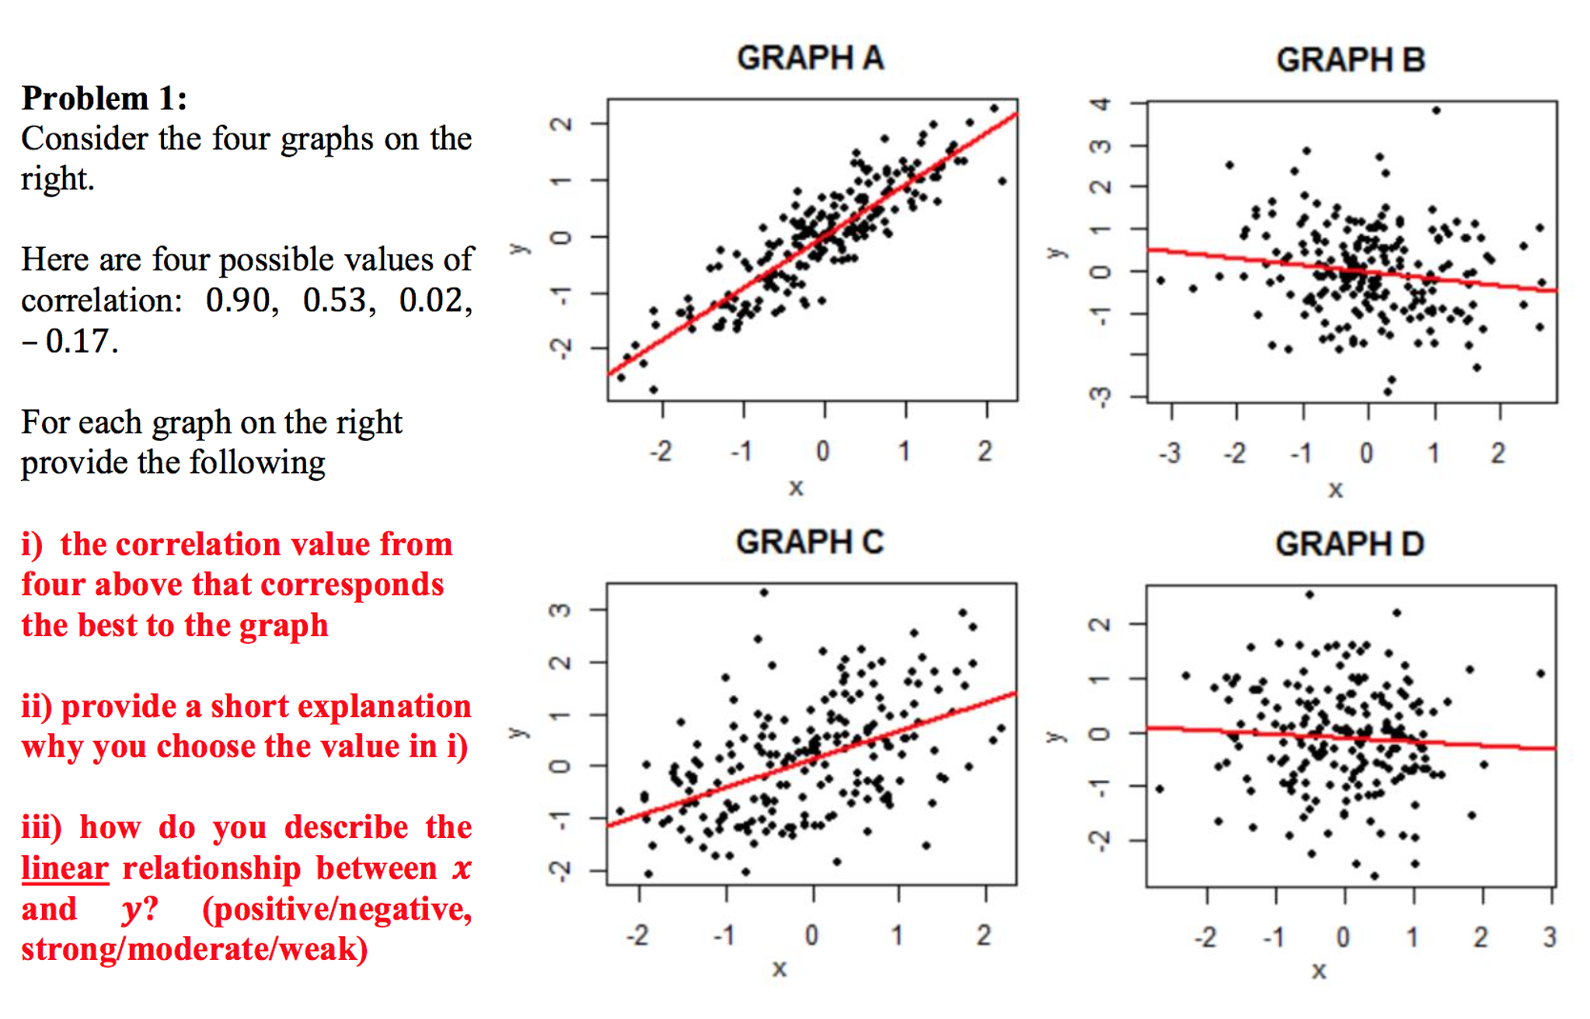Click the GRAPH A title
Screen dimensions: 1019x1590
coord(810,58)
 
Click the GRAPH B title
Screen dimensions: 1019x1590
coord(1351,60)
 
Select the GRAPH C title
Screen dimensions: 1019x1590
coord(810,542)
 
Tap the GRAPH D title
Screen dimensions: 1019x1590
coord(1349,544)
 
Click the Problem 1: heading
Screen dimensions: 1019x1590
coord(104,99)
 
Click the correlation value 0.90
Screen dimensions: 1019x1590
coord(241,301)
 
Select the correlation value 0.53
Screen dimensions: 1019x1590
coord(339,301)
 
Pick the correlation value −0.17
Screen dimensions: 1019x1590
coord(70,341)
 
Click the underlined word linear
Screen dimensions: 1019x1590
coord(65,868)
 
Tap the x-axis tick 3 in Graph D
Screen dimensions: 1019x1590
coord(1550,937)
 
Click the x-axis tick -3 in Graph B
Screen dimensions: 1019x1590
coord(1170,453)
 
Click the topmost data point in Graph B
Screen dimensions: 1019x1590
coord(1436,111)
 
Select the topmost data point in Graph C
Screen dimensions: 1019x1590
coord(764,593)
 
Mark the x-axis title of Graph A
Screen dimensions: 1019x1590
coord(796,489)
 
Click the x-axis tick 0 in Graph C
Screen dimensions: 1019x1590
coord(811,935)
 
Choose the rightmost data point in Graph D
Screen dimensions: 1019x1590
coord(1541,673)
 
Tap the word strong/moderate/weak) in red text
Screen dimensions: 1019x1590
coord(194,949)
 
